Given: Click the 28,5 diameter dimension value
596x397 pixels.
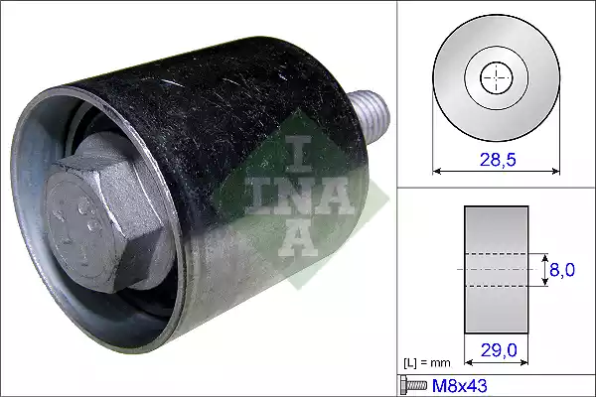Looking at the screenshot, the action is click(498, 160).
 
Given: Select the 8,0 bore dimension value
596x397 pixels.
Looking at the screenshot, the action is click(562, 270).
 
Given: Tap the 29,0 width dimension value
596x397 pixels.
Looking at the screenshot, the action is click(499, 350).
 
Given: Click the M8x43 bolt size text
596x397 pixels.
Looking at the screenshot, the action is click(460, 386).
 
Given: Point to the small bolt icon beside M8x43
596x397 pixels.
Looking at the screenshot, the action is click(413, 385).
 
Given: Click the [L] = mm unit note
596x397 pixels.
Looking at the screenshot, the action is click(427, 363).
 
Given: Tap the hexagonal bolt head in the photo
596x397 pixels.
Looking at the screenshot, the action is click(102, 224).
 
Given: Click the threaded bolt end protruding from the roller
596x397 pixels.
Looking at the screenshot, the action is click(371, 114).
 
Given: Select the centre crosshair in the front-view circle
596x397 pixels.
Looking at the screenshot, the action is click(497, 77).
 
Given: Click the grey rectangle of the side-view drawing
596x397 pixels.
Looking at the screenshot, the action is click(497, 270).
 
